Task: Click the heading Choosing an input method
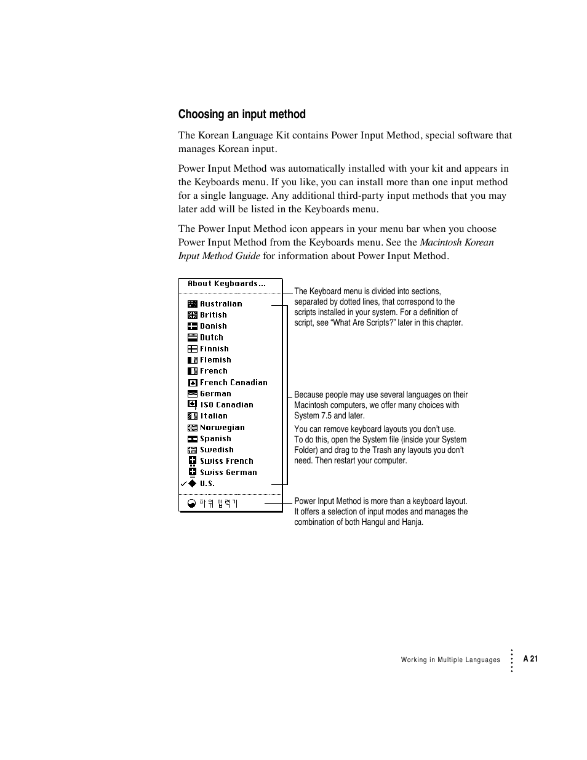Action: click(242, 114)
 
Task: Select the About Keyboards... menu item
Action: click(226, 284)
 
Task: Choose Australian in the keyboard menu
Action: click(221, 304)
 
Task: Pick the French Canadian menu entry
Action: click(233, 383)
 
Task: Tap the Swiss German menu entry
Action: click(228, 473)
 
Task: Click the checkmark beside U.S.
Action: click(183, 484)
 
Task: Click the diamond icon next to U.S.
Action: click(192, 484)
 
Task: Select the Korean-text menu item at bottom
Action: click(218, 503)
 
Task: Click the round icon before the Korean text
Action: click(191, 503)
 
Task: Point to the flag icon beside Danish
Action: click(192, 326)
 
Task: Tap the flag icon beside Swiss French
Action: click(192, 461)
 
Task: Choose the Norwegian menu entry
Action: click(222, 428)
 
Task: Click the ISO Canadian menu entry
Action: click(226, 405)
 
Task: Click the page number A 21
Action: click(530, 659)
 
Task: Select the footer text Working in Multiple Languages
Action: click(450, 660)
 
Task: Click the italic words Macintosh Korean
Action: click(457, 242)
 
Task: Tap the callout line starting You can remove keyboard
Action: click(375, 430)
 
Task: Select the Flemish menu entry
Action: click(215, 360)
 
